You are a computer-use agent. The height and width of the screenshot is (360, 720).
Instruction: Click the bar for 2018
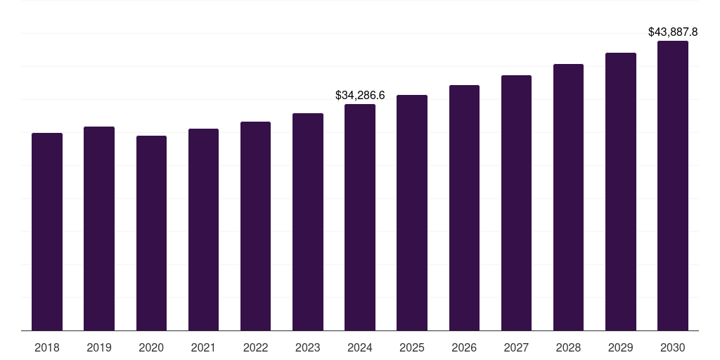click(x=47, y=232)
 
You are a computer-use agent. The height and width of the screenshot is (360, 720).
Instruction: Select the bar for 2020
click(x=151, y=233)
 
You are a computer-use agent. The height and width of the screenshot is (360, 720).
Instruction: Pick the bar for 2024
click(x=360, y=217)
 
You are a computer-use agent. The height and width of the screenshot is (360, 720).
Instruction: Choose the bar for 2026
click(x=464, y=208)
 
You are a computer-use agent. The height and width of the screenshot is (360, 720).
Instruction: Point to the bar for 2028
click(x=568, y=198)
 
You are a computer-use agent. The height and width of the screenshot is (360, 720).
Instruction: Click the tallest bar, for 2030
click(x=673, y=186)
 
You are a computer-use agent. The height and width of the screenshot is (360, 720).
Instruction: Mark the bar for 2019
click(x=99, y=229)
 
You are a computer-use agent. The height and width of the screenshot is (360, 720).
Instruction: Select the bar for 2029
click(x=621, y=192)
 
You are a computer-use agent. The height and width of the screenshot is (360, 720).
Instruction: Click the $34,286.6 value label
click(x=360, y=95)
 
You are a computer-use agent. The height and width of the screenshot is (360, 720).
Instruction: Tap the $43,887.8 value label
click(x=673, y=32)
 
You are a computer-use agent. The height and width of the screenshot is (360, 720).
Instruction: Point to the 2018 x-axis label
click(x=47, y=347)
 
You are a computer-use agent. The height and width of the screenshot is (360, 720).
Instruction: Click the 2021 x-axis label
click(x=203, y=347)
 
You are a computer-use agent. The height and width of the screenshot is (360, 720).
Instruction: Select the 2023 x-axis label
click(x=308, y=347)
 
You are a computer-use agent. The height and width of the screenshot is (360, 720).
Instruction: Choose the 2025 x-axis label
click(x=412, y=347)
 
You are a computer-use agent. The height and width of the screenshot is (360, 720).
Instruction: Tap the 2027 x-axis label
click(x=516, y=347)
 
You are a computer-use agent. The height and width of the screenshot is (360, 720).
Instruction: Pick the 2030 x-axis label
click(x=673, y=347)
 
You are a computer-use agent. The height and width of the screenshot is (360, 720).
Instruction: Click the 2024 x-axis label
click(x=360, y=347)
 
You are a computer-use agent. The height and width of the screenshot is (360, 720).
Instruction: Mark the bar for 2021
click(x=203, y=230)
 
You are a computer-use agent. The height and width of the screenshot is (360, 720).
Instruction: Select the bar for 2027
click(x=516, y=203)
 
